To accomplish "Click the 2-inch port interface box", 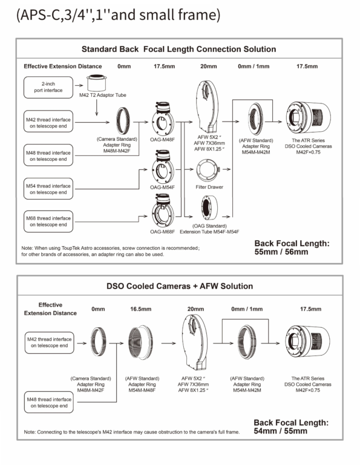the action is tap(48, 87).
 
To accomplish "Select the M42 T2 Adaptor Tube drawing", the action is tap(96, 83).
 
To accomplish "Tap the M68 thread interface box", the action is tap(48, 221).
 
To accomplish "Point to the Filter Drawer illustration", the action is tap(208, 171).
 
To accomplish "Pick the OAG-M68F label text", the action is tap(162, 232).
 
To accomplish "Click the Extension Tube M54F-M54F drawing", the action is tap(209, 208).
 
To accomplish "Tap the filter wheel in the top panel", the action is tap(207, 107).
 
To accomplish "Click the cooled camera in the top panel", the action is tap(309, 118).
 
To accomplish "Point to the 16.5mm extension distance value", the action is tap(141, 309).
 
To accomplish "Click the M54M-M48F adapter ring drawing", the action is tap(141, 342).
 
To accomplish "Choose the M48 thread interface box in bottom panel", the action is tap(49, 402).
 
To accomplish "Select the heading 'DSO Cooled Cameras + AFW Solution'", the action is tap(180, 286).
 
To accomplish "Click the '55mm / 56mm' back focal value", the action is tap(281, 252).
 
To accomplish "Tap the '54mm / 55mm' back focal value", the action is tap(281, 431).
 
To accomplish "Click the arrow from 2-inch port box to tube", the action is tap(79, 85).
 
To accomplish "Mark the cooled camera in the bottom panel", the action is tap(307, 341).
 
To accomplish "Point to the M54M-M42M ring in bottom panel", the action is tap(247, 342).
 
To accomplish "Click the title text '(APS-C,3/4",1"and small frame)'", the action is tap(118, 15).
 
